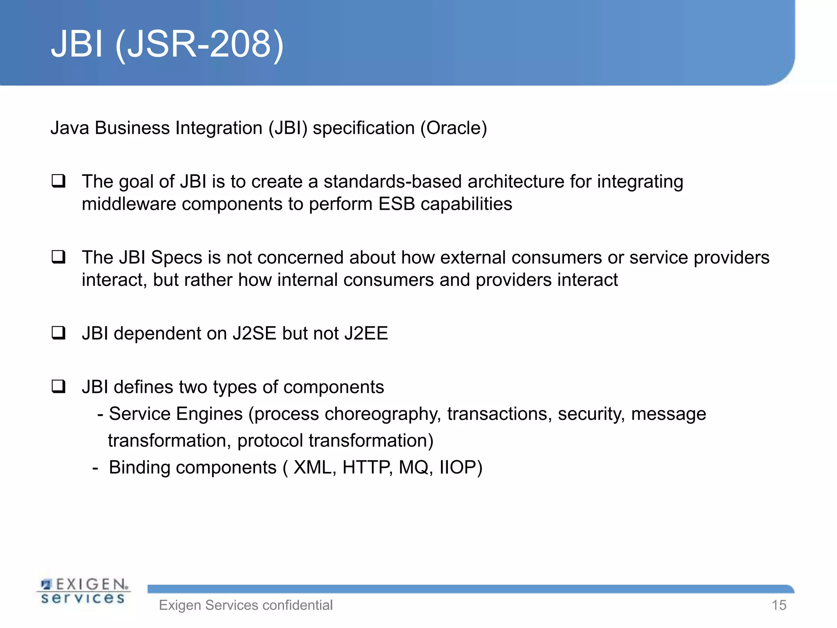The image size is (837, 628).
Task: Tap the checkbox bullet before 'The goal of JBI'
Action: coord(58,181)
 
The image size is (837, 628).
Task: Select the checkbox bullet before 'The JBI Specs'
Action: coord(58,257)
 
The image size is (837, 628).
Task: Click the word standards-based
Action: coord(392,182)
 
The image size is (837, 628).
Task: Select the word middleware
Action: coord(129,204)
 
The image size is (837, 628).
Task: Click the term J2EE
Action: coord(366,333)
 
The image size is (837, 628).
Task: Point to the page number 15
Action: coord(779,605)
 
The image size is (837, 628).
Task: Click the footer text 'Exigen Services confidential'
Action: coord(246,605)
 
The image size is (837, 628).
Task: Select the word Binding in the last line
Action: coord(140,467)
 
